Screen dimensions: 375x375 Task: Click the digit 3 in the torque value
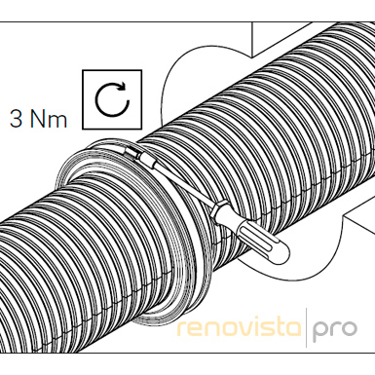[16, 119]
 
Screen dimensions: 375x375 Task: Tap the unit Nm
[48, 119]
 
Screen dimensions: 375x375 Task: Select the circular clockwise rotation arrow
[112, 99]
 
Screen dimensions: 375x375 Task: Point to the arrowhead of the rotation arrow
[123, 87]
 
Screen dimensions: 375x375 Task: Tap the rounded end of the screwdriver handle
[281, 253]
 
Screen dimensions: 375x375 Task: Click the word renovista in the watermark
[239, 328]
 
